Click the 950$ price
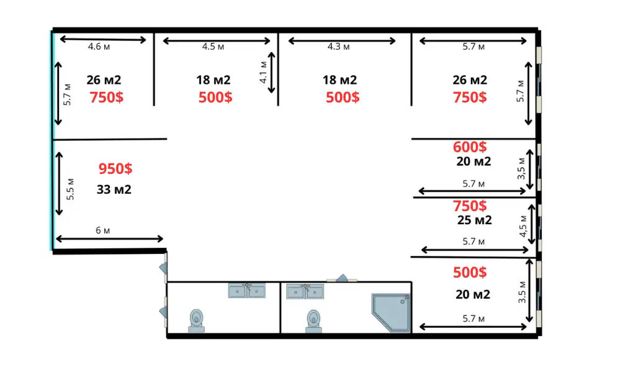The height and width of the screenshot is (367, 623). click(115, 168)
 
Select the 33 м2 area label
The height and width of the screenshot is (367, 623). click(114, 189)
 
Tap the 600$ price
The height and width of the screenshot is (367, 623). click(470, 147)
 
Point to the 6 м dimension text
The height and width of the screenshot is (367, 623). click(103, 230)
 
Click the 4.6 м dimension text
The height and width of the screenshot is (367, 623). click(99, 47)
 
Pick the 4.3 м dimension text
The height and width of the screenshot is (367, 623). click(339, 47)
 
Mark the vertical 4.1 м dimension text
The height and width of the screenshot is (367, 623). click(263, 73)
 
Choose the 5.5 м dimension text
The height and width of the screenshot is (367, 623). click(70, 189)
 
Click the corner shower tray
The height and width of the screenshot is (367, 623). click(391, 312)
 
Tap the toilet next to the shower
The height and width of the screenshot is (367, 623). click(313, 321)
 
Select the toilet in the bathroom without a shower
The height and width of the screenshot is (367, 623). click(196, 320)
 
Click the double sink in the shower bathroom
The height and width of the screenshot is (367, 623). click(305, 291)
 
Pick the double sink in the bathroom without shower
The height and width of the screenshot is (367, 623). click(247, 290)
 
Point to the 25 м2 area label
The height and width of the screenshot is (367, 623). click(475, 220)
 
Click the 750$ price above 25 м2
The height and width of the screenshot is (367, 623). click(470, 206)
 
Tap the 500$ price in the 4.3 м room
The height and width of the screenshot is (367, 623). click(343, 97)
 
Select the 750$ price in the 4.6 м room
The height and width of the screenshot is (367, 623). click(107, 97)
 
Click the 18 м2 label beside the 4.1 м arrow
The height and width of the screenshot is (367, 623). click(213, 80)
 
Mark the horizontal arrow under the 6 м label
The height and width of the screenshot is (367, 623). click(109, 238)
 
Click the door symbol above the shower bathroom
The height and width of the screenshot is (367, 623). click(342, 278)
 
